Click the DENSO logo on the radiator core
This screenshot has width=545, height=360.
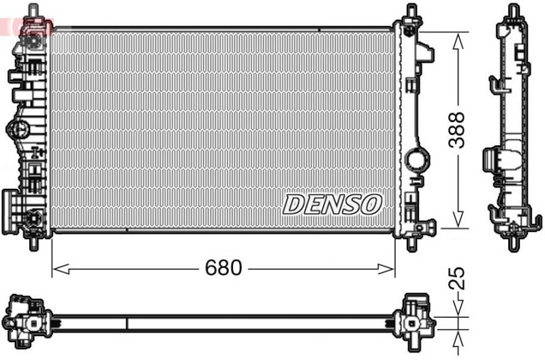(332, 203)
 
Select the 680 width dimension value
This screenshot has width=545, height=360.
(224, 268)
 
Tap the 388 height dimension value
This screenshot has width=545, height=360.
(458, 130)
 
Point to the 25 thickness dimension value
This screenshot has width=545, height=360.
(458, 279)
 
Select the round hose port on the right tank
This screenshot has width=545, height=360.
(417, 161)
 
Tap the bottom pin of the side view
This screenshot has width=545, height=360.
(514, 242)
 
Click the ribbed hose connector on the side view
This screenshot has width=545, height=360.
(490, 160)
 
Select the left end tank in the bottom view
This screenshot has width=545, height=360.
(27, 319)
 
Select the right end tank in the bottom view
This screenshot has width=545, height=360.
(416, 319)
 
